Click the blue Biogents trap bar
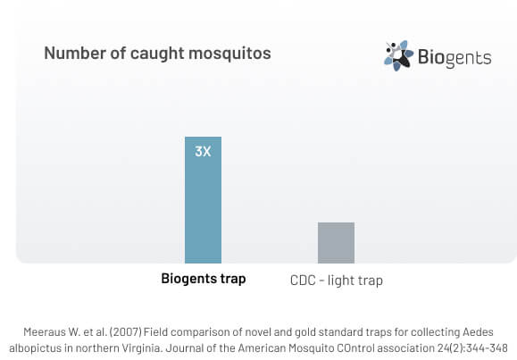[x=203, y=200]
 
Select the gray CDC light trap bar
[x=337, y=243]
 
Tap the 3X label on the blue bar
[x=203, y=152]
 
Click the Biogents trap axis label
[x=204, y=279]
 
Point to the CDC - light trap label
[x=337, y=280]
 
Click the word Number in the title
[x=75, y=53]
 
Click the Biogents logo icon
[x=398, y=55]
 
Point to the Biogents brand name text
[x=454, y=57]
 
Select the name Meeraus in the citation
[x=45, y=332]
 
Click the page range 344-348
[x=487, y=348]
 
